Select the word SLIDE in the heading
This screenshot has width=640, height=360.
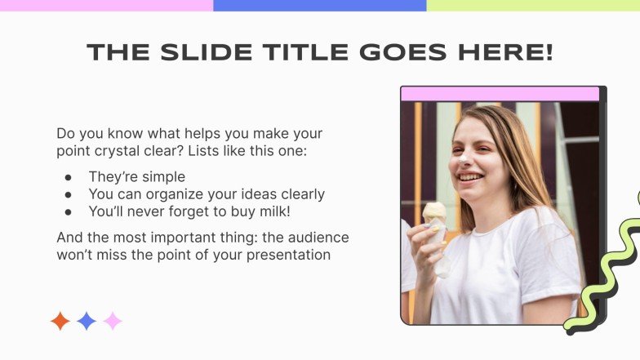click(193, 52)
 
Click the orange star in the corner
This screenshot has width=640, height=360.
click(60, 321)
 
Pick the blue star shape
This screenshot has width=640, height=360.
click(87, 321)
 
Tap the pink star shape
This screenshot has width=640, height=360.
click(113, 321)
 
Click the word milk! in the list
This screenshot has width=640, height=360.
click(273, 211)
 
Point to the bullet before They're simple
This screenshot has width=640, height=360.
click(69, 177)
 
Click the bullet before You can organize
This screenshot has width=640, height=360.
click(69, 194)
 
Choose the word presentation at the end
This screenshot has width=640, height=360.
click(287, 255)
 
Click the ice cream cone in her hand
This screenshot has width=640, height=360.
click(435, 216)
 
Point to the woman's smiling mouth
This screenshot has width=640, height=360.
click(469, 176)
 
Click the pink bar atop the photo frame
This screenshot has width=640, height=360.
click(500, 94)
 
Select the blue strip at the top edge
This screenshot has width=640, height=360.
click(319, 5)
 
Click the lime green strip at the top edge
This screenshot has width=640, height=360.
click(532, 5)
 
